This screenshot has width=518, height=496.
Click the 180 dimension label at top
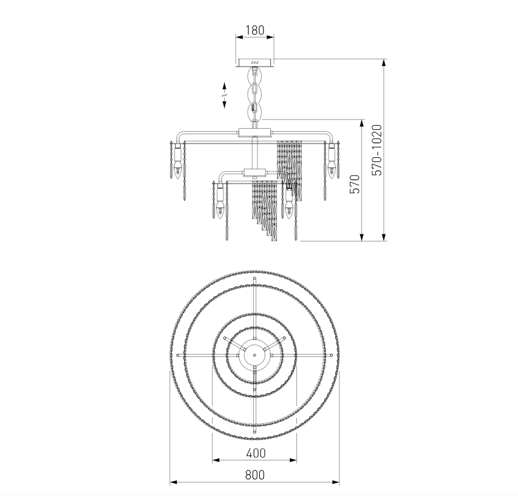pyautogui.click(x=254, y=30)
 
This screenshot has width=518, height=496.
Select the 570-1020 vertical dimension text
pyautogui.click(x=377, y=150)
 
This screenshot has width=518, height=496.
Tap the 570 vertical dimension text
pyautogui.click(x=355, y=185)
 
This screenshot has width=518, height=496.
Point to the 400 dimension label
pyautogui.click(x=256, y=453)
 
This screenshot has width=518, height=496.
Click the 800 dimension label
pyautogui.click(x=255, y=475)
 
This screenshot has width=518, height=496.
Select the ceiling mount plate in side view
pyautogui.click(x=254, y=63)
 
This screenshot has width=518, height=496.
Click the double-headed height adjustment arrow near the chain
pyautogui.click(x=224, y=95)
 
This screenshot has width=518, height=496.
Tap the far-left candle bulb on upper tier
pyautogui.click(x=177, y=170)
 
